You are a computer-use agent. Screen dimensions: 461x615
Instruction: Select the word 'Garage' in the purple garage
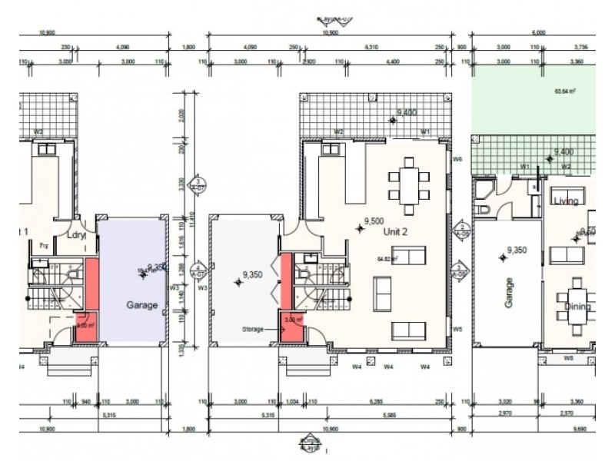pos(141,305)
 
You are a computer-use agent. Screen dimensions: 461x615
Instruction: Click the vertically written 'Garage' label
pos(509,294)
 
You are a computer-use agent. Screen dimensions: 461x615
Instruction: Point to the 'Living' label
pos(566,201)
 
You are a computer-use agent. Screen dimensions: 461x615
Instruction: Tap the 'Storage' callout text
pos(252,329)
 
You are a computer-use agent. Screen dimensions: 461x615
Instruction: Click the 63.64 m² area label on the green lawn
pos(565,91)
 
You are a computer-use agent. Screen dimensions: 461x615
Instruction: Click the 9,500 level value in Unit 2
pos(375,220)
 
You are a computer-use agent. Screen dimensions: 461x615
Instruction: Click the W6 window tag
pos(457,159)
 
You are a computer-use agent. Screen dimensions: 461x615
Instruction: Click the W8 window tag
pos(568,357)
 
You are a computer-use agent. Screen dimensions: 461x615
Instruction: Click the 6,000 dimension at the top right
pos(538,33)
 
